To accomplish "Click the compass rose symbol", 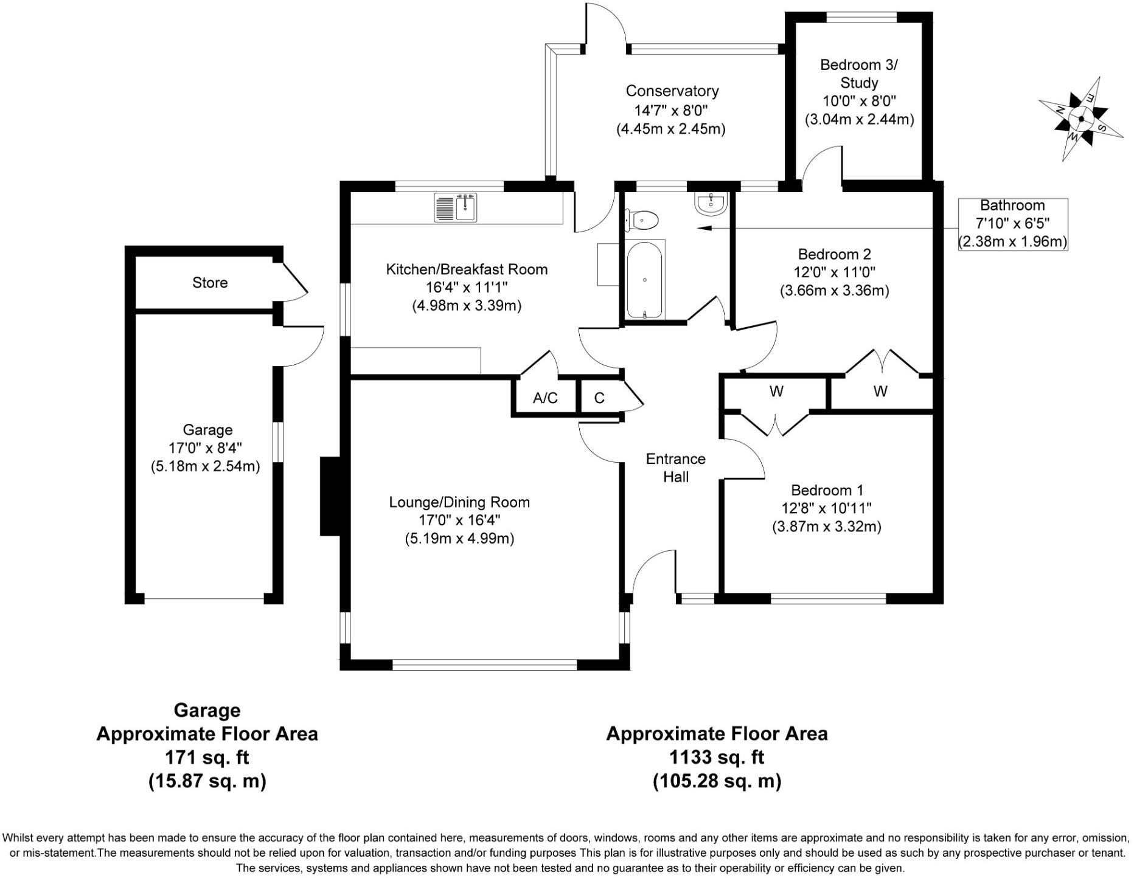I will (1080, 119).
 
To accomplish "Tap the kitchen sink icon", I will (456, 207).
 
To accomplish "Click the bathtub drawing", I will (644, 279).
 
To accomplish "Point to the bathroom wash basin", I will (710, 204).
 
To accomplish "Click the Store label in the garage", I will (210, 283).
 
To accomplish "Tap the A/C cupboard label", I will (545, 398).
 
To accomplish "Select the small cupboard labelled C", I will (599, 398).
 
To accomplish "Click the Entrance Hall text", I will (675, 468).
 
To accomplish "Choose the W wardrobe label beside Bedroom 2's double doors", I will (880, 392).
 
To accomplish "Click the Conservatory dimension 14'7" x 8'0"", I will (672, 110).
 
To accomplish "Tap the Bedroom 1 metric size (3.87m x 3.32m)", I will (826, 527).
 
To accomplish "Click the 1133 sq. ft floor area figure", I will (717, 757).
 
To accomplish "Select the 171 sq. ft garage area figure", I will (207, 757).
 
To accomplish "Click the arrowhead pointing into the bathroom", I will (704, 229).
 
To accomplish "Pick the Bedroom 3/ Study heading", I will (858, 73).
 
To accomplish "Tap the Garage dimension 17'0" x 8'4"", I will (205, 448).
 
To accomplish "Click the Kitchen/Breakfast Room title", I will (467, 269).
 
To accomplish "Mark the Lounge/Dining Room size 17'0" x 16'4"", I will (459, 520).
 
